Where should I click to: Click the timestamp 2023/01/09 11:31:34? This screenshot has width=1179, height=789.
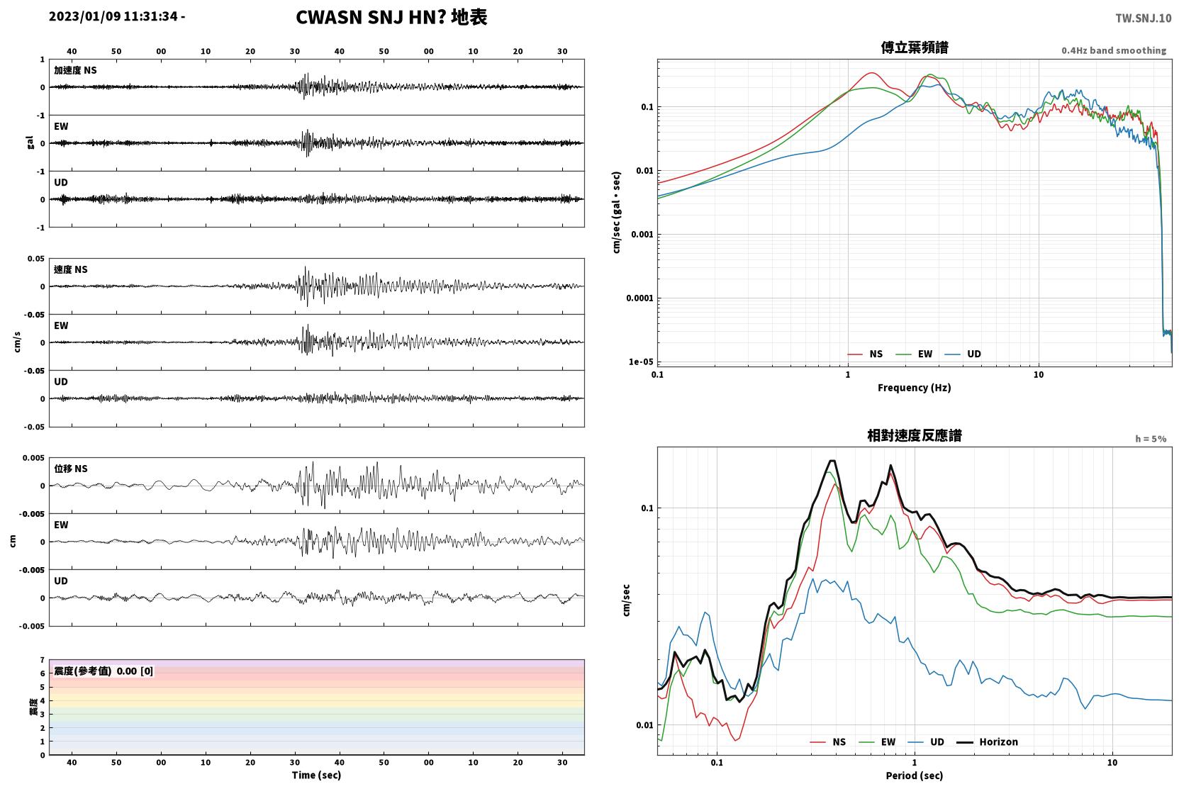113,16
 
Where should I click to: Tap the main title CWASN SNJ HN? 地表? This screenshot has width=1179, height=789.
391,17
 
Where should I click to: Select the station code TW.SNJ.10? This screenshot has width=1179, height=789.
1144,18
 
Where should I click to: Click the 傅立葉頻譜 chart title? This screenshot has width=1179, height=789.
915,48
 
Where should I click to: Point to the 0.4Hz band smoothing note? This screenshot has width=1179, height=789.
1114,50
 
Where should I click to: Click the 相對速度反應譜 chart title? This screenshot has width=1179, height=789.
915,435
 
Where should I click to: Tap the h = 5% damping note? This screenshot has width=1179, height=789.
1151,438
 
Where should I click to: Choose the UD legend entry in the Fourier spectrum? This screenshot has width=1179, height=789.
963,354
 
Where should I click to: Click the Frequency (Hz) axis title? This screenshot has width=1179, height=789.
915,388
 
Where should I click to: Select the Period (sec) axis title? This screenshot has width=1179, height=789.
915,776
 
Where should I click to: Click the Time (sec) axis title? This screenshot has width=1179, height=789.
316,775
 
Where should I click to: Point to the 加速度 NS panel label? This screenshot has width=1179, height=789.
75,70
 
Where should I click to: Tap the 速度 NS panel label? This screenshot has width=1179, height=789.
70,269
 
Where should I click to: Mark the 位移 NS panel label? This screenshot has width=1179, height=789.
70,469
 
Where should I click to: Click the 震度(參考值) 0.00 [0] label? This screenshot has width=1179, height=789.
104,671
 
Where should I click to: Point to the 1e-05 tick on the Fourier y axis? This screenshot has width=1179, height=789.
641,362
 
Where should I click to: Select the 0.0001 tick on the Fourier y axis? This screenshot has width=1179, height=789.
639,298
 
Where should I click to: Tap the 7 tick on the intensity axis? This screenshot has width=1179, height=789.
43,659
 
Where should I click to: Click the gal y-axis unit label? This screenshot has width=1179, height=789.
30,142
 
